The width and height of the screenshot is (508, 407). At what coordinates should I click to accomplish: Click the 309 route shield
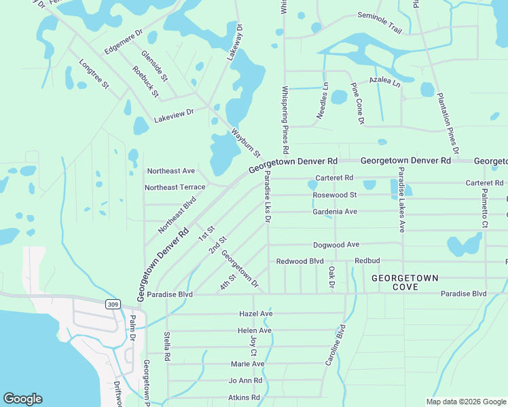coord(113,305)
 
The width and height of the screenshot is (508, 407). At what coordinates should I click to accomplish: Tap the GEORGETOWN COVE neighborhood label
coord(405,284)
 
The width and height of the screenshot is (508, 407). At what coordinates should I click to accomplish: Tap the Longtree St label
coord(94,73)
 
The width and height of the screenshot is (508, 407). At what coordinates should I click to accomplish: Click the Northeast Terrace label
coord(175,187)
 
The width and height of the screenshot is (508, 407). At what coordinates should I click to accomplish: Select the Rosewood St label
coord(335,195)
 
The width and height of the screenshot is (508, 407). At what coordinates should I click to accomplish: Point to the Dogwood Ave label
coord(335,245)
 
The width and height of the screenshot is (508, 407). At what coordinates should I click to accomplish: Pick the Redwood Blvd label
coord(300,261)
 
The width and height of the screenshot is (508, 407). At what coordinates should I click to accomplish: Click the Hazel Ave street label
coord(255,314)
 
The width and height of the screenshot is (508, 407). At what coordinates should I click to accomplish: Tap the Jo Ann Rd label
coord(245,381)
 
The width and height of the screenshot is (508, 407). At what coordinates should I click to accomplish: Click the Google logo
coord(22,399)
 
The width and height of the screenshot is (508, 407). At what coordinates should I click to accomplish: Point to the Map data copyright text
coord(465,402)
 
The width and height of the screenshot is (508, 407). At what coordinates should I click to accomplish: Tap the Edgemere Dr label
coord(123,41)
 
